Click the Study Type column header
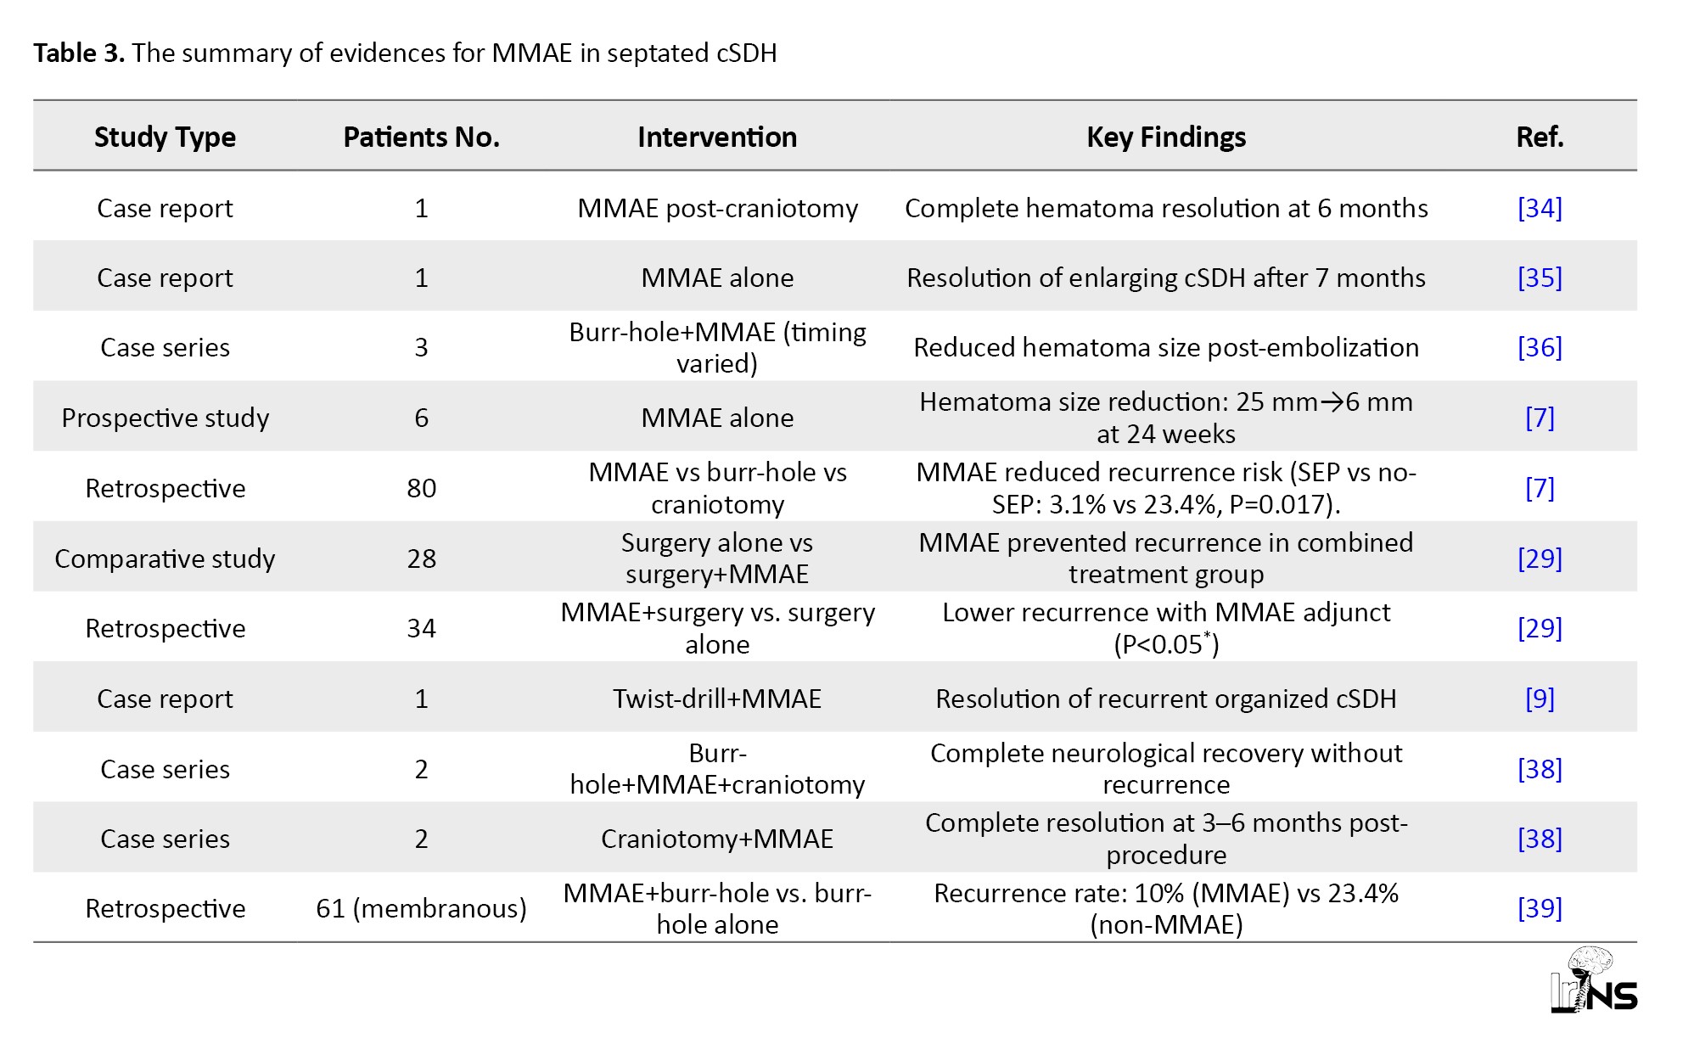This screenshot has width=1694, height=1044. [x=165, y=137]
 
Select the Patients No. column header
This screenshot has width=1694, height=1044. [x=421, y=137]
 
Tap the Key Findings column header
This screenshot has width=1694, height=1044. [x=1166, y=137]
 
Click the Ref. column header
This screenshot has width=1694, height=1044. [x=1540, y=137]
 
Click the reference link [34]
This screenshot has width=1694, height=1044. [x=1540, y=208]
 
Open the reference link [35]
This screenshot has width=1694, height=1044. [x=1540, y=278]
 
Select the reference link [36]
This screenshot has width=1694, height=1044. [x=1540, y=347]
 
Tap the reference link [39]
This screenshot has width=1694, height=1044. [x=1540, y=908]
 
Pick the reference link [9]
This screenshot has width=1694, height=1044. [x=1540, y=699]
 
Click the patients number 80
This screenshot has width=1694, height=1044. [x=421, y=488]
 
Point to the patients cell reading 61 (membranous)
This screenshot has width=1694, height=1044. [x=421, y=908]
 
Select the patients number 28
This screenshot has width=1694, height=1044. [x=421, y=558]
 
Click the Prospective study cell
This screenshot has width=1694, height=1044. [x=165, y=418]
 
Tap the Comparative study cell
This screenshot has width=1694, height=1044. [x=165, y=558]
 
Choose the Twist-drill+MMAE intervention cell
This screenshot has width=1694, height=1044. [x=717, y=699]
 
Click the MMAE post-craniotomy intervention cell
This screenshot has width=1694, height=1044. [x=717, y=208]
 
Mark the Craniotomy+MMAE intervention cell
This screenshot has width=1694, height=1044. [x=717, y=839]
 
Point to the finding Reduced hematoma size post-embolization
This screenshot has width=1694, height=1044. [x=1166, y=347]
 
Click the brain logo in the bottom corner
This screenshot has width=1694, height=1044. [x=1593, y=980]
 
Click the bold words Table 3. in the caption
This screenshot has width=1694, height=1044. [x=79, y=53]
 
